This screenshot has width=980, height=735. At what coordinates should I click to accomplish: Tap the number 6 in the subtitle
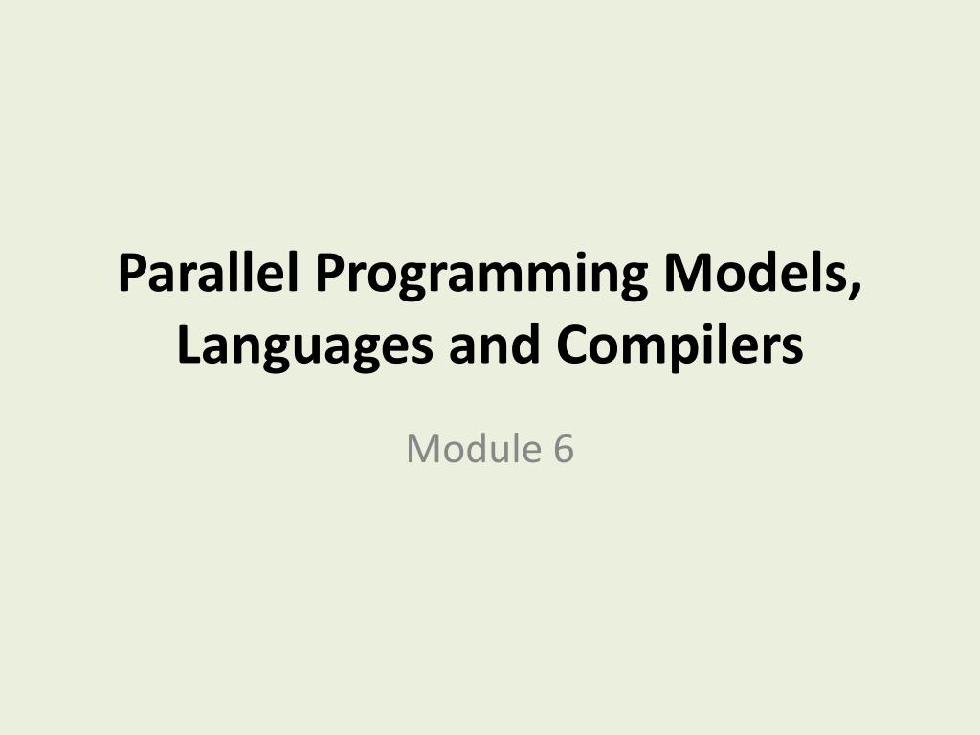click(x=563, y=449)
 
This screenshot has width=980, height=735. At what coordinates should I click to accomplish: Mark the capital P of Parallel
click(x=132, y=273)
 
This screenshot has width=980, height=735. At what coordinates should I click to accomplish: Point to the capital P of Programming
click(x=329, y=273)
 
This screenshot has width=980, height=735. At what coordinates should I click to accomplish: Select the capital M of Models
click(x=687, y=273)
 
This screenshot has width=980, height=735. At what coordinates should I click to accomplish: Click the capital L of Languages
click(x=189, y=345)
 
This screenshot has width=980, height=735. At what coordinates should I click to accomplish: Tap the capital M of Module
click(x=421, y=449)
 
